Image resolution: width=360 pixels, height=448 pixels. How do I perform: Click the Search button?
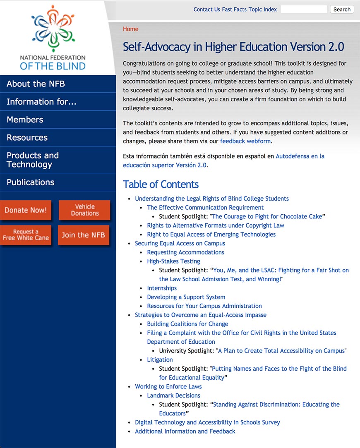342,10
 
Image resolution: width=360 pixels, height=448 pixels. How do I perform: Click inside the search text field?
304,9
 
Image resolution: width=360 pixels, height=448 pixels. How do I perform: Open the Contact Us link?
206,10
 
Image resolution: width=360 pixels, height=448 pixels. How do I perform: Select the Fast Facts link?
234,10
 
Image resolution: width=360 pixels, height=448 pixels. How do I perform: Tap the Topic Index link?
263,10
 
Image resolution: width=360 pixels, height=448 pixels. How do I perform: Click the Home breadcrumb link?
130,29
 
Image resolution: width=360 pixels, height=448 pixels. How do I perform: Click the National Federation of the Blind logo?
53,38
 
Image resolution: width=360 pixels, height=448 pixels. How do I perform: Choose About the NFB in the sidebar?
36,84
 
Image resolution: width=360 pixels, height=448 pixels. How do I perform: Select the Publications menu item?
31,182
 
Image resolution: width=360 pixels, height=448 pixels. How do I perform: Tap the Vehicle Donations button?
85,210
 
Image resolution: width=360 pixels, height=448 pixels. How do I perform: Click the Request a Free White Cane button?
26,235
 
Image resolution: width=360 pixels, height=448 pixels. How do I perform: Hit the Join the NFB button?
83,235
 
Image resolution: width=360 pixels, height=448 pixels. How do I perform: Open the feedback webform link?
245,141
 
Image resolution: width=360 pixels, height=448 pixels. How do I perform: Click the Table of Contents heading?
161,184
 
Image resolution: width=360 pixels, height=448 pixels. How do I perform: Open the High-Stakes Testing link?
173,261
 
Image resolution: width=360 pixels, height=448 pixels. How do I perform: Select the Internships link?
162,288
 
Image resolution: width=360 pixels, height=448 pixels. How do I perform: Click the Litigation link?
160,360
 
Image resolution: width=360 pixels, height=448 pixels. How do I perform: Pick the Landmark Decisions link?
173,395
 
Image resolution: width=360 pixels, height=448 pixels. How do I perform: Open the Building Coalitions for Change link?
187,324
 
